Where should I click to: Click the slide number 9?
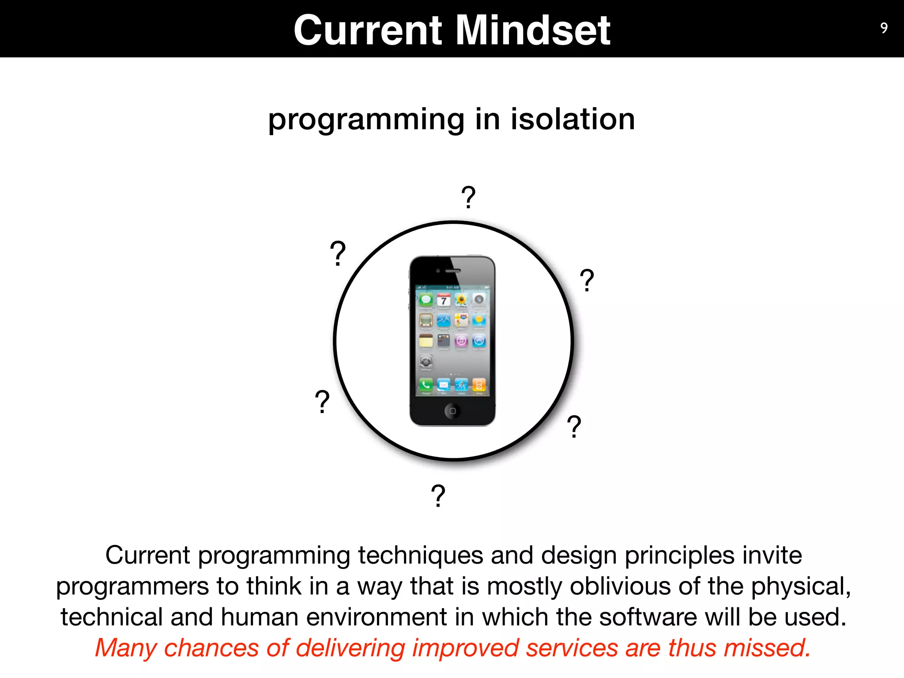(884, 28)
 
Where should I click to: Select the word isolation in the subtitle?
(573, 119)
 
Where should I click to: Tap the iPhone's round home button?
(452, 411)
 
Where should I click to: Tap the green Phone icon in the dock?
(426, 385)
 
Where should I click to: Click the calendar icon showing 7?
(444, 300)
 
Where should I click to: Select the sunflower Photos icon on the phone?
(461, 300)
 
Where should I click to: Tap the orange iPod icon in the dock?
(479, 385)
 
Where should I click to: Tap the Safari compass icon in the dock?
(461, 385)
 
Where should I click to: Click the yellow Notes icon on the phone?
(426, 341)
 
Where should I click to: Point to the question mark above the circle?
(468, 197)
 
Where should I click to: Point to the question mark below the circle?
(438, 496)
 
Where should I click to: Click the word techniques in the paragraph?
(420, 555)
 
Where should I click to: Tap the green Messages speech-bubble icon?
(426, 300)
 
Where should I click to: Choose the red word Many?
(126, 648)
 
